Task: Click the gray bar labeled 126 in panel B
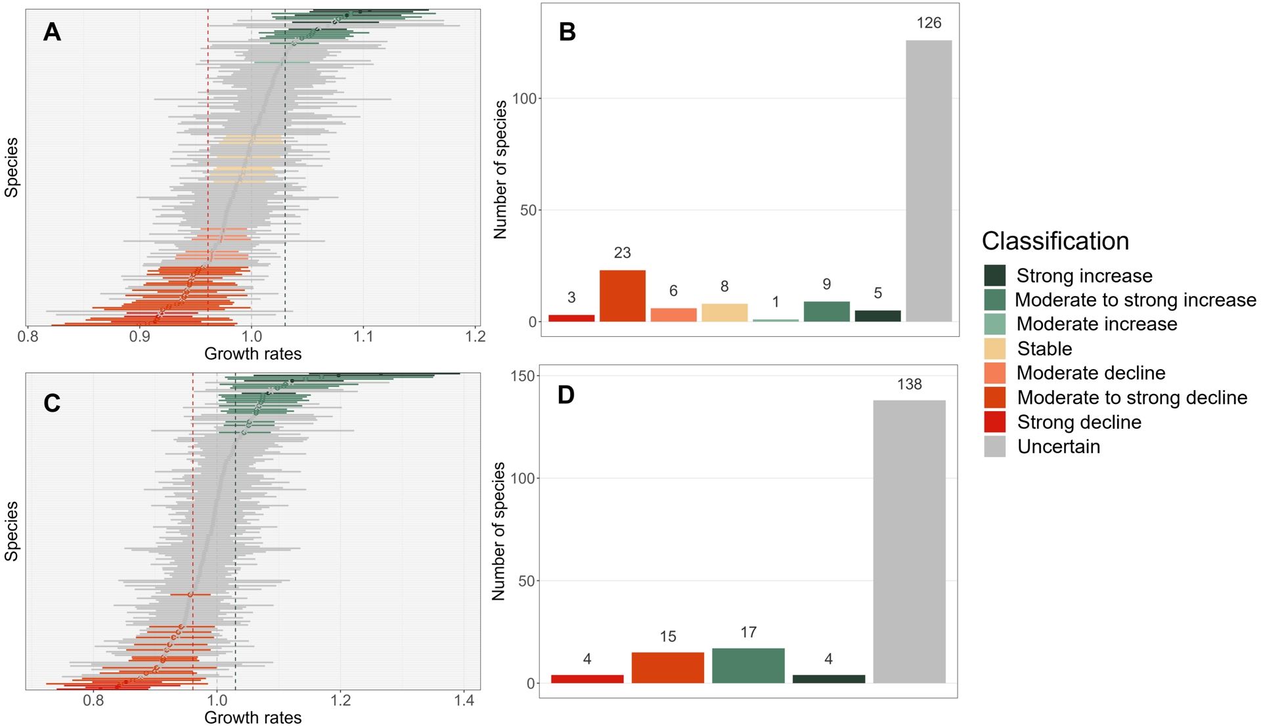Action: coord(929,181)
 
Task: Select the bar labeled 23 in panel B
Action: coord(622,296)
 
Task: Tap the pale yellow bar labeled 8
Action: coord(724,313)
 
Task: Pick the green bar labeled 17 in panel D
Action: coord(748,665)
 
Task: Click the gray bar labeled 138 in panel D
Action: coord(909,541)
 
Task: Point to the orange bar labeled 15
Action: coord(667,667)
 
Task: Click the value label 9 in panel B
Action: coord(826,284)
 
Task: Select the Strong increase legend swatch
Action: coord(994,275)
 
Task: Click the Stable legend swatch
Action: coord(994,348)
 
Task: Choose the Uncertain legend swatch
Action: coord(994,447)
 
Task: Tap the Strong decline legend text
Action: coord(1078,422)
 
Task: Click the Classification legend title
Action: coord(1055,241)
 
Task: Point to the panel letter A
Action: coord(52,32)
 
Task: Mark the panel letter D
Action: coord(565,395)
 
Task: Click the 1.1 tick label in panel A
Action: coord(363,337)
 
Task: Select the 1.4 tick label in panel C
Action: coord(464,701)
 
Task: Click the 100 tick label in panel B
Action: coord(525,99)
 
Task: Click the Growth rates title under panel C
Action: coord(253,717)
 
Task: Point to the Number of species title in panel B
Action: coord(500,169)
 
